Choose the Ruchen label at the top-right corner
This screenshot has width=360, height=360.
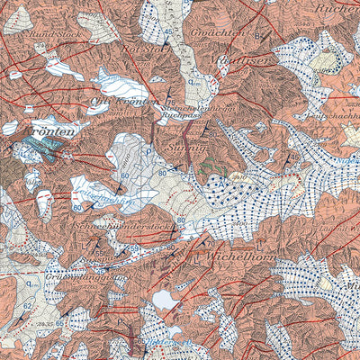click(x=335, y=8)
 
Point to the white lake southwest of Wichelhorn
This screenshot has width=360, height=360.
click(x=165, y=299)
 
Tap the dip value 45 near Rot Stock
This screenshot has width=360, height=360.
click(x=168, y=33)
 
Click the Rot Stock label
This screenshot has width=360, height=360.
click(x=149, y=49)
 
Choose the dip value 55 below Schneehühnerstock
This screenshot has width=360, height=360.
click(x=135, y=247)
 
